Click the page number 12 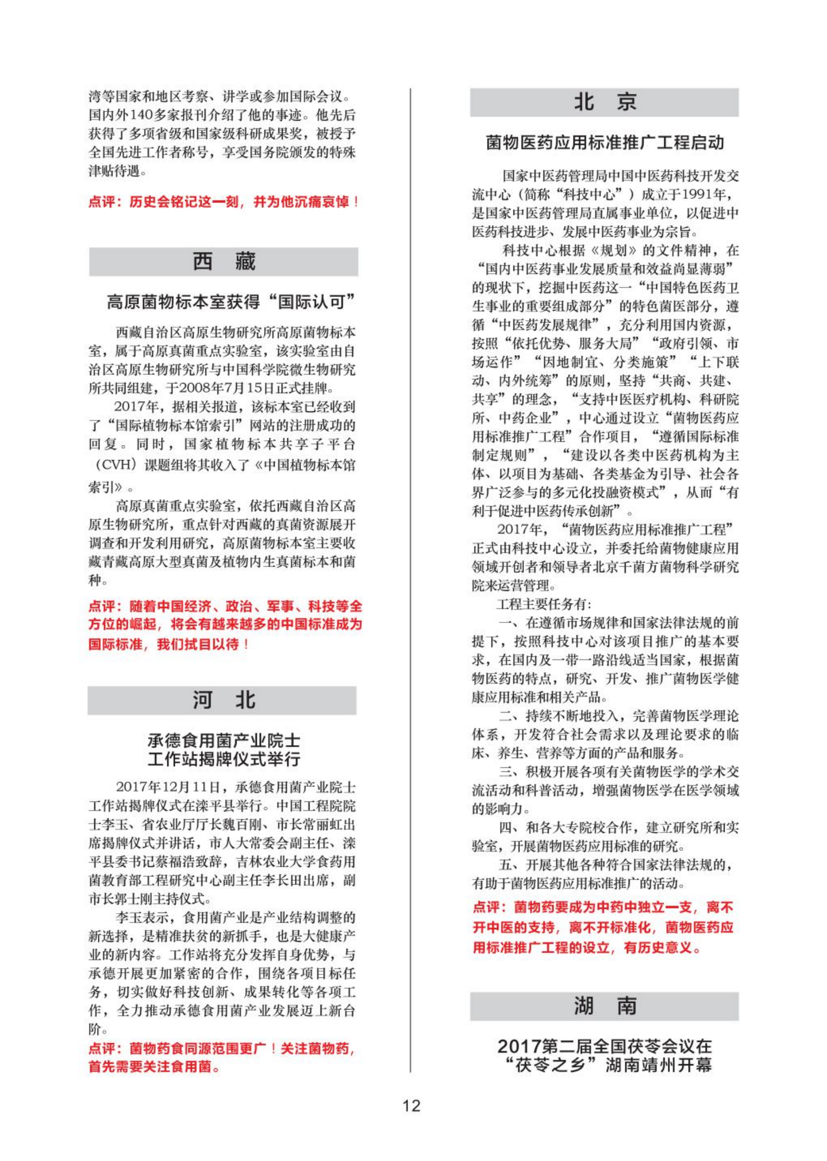[x=411, y=1105]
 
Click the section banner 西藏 [x=223, y=262]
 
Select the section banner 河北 [x=222, y=700]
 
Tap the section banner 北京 [x=604, y=102]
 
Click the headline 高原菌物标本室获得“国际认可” [x=231, y=302]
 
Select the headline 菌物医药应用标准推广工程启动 [x=605, y=143]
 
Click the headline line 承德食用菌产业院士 [x=223, y=740]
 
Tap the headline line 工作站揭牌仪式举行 [x=223, y=759]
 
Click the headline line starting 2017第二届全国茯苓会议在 [x=605, y=1046]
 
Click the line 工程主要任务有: [x=544, y=605]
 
